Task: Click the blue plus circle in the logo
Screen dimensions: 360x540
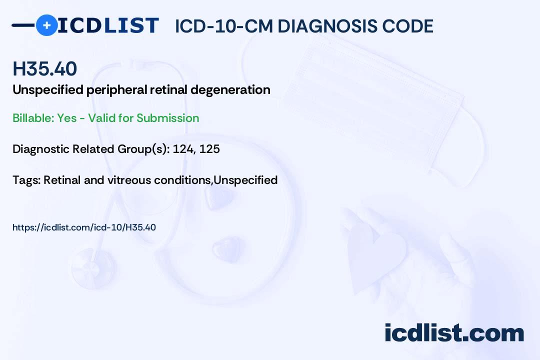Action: tap(46, 25)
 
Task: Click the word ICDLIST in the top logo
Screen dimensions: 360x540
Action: tap(108, 25)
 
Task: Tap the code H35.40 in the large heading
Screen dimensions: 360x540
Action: tap(45, 69)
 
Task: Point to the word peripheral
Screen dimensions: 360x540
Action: tap(117, 90)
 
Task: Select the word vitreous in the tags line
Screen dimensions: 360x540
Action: tap(131, 180)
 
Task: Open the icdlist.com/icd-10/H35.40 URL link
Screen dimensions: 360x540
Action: tap(84, 227)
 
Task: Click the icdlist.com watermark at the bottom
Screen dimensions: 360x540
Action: tap(454, 333)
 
